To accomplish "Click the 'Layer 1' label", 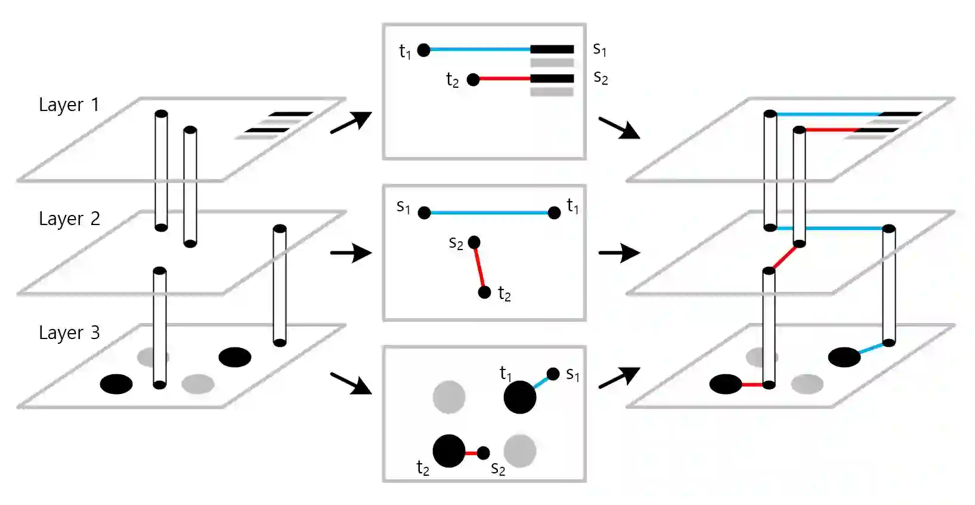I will coord(69,105).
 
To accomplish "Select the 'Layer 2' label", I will coord(69,219).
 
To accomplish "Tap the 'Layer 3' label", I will coord(69,333).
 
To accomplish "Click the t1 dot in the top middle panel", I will coord(424,50).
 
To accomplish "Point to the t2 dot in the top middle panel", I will coord(473,79).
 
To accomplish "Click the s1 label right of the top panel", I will coord(600,50).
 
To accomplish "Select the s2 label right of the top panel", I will coord(601,78).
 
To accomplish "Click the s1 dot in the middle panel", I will coord(425,213).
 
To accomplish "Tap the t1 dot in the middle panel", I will coord(554,213).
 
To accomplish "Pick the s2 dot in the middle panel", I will coord(474,242).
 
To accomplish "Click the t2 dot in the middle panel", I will coord(485,292).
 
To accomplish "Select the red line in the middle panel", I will coord(479,267).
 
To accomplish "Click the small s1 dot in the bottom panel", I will coord(553,374).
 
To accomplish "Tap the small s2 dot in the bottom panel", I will coord(484,453).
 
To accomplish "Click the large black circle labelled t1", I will coord(520,398).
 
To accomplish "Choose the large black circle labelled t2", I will coord(449,451).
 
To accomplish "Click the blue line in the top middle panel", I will coord(480,50).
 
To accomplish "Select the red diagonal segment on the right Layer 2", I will coord(784,257).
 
